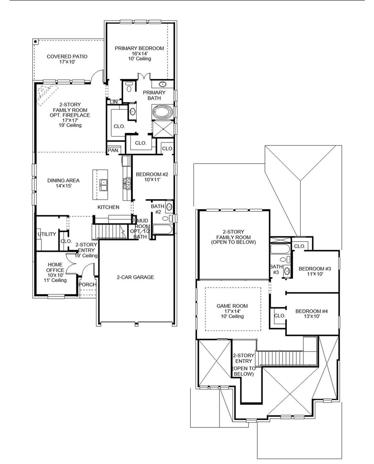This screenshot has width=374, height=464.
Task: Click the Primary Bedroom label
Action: [x=139, y=48]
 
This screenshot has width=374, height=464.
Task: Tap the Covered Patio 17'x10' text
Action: [x=67, y=59]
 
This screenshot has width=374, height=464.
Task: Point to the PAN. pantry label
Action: [x=113, y=150]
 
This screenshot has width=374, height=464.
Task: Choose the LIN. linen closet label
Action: [x=114, y=102]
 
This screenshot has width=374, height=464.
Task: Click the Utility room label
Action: [x=47, y=234]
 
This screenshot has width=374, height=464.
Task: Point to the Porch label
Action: [x=87, y=284]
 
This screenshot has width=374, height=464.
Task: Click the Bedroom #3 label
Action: [x=314, y=269]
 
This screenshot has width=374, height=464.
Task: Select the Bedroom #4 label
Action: [x=311, y=311]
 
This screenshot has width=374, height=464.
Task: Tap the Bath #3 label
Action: [x=276, y=269]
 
